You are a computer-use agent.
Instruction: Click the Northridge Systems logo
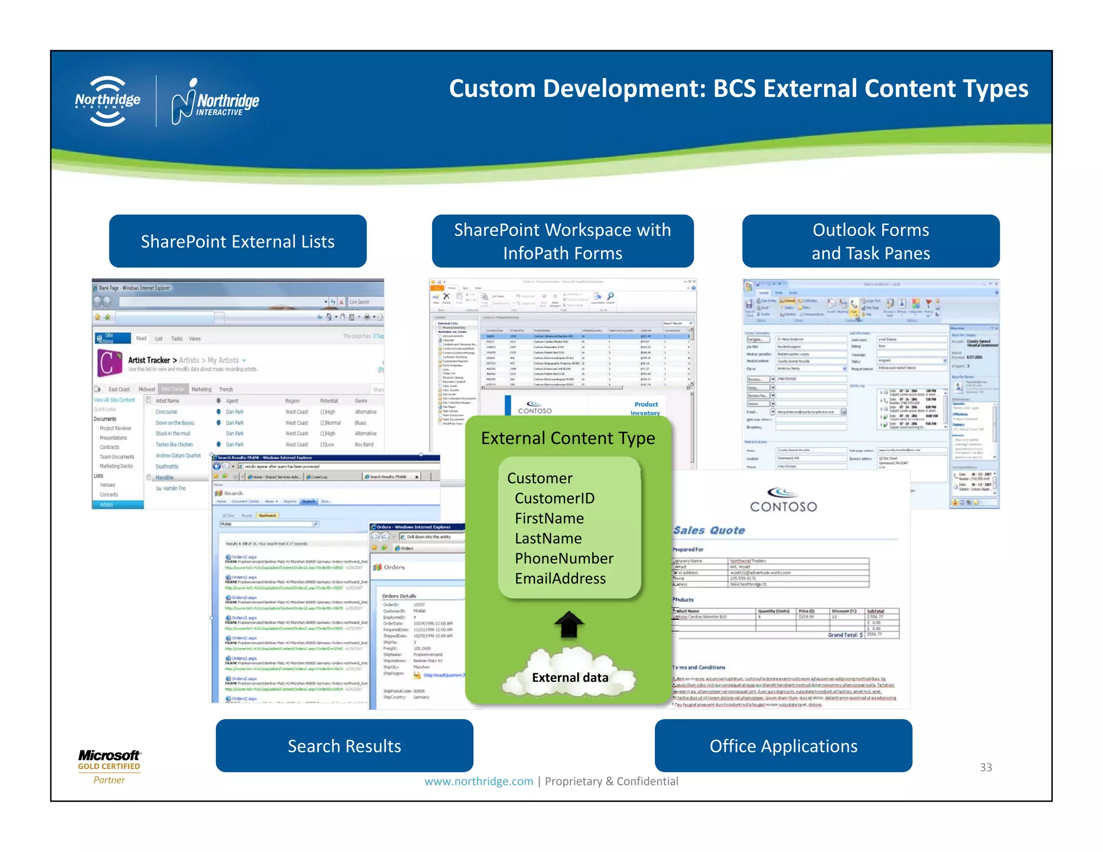point(108,101)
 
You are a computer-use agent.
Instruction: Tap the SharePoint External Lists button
point(238,241)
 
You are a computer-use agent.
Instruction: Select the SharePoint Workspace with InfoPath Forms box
point(562,241)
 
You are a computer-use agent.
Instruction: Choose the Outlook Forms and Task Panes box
point(870,241)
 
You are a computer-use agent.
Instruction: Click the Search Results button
point(344,746)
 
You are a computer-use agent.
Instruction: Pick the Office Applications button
point(783,746)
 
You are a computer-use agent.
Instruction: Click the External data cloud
point(569,673)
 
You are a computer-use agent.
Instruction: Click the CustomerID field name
point(554,498)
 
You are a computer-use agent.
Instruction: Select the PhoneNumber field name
point(564,558)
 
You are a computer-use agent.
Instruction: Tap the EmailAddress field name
point(560,578)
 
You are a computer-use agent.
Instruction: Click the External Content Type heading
point(568,438)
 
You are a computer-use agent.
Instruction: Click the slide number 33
point(986,767)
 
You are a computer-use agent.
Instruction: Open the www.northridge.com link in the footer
point(478,781)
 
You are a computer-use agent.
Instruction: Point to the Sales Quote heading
point(709,530)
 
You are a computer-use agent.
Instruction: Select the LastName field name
point(548,539)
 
